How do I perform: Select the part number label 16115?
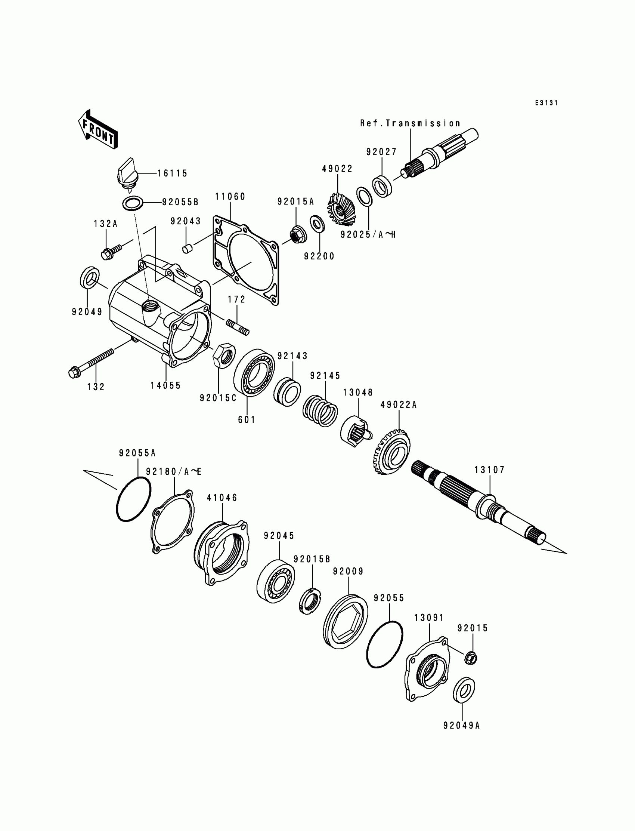(x=172, y=173)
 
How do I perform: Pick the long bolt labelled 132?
(x=91, y=363)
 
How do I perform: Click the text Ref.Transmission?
(x=410, y=123)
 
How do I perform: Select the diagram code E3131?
(x=546, y=103)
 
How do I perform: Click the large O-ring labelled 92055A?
(x=133, y=500)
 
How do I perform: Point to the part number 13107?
(x=489, y=470)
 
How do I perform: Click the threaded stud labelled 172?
(x=238, y=326)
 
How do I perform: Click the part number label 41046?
(x=222, y=498)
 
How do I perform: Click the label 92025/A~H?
(x=368, y=234)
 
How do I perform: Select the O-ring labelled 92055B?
(x=133, y=203)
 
